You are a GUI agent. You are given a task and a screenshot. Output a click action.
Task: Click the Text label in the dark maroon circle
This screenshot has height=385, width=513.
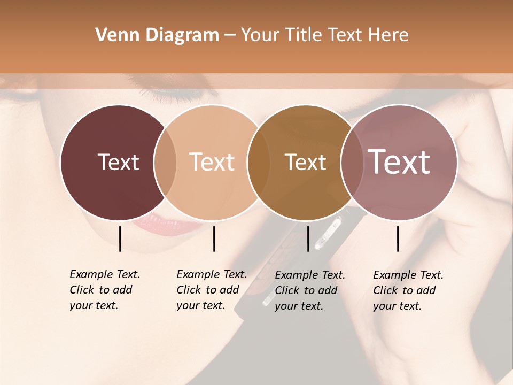pyautogui.click(x=118, y=163)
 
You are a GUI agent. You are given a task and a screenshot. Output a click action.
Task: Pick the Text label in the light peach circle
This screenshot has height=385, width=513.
pyautogui.click(x=212, y=163)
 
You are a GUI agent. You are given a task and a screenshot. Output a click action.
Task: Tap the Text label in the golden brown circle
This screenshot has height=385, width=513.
pyautogui.click(x=305, y=163)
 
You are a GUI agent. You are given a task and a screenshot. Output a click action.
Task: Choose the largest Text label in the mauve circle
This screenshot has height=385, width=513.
pyautogui.click(x=399, y=162)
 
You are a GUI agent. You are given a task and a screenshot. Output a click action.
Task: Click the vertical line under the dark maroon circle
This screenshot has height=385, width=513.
pyautogui.click(x=120, y=238)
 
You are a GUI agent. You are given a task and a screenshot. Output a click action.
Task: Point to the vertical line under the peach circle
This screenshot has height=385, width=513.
pyautogui.click(x=214, y=238)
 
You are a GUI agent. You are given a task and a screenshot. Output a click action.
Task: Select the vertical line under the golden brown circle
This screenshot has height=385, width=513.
pyautogui.click(x=308, y=238)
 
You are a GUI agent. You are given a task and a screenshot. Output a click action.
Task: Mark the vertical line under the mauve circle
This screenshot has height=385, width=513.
pyautogui.click(x=398, y=238)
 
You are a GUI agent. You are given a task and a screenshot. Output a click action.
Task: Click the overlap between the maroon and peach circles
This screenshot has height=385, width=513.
pyautogui.click(x=165, y=163)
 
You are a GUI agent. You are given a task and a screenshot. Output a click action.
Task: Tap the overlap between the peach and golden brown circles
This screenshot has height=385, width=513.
pyautogui.click(x=259, y=163)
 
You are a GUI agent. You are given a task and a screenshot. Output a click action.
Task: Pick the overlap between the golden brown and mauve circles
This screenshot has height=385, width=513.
pyautogui.click(x=352, y=163)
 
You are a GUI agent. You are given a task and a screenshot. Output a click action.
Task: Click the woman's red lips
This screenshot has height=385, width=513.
pyautogui.click(x=160, y=222)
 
